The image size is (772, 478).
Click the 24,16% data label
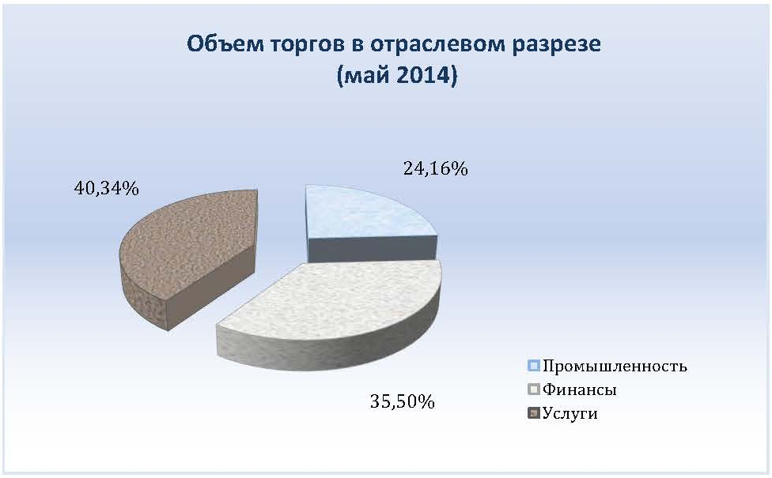tap(435, 168)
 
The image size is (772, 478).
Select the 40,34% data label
tap(106, 188)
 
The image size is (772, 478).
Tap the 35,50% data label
tap(403, 402)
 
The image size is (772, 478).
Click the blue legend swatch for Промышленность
tap(534, 365)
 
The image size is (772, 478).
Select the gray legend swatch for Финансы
tap(534, 389)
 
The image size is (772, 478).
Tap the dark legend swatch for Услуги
tap(534, 412)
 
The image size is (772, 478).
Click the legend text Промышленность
tap(615, 367)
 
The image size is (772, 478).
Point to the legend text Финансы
tap(580, 390)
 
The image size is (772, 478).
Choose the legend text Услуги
tap(570, 413)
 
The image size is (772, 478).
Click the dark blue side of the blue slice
tap(373, 249)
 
